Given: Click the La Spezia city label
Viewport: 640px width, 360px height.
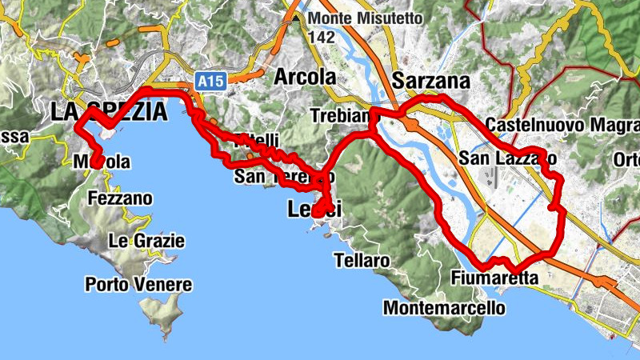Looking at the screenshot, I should pos(110,113).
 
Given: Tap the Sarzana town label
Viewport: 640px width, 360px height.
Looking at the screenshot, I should pos(431,82).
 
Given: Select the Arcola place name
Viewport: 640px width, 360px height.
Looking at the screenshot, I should pos(305,78).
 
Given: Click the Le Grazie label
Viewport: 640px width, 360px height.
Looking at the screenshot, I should pos(146,241).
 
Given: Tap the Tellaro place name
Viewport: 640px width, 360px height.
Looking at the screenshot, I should pos(363,261).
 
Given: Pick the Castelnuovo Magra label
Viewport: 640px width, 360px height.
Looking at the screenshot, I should pos(562,126).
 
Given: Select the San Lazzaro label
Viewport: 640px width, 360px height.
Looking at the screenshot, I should pos(507,159).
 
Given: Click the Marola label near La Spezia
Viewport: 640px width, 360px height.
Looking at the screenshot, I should pos(102,162).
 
